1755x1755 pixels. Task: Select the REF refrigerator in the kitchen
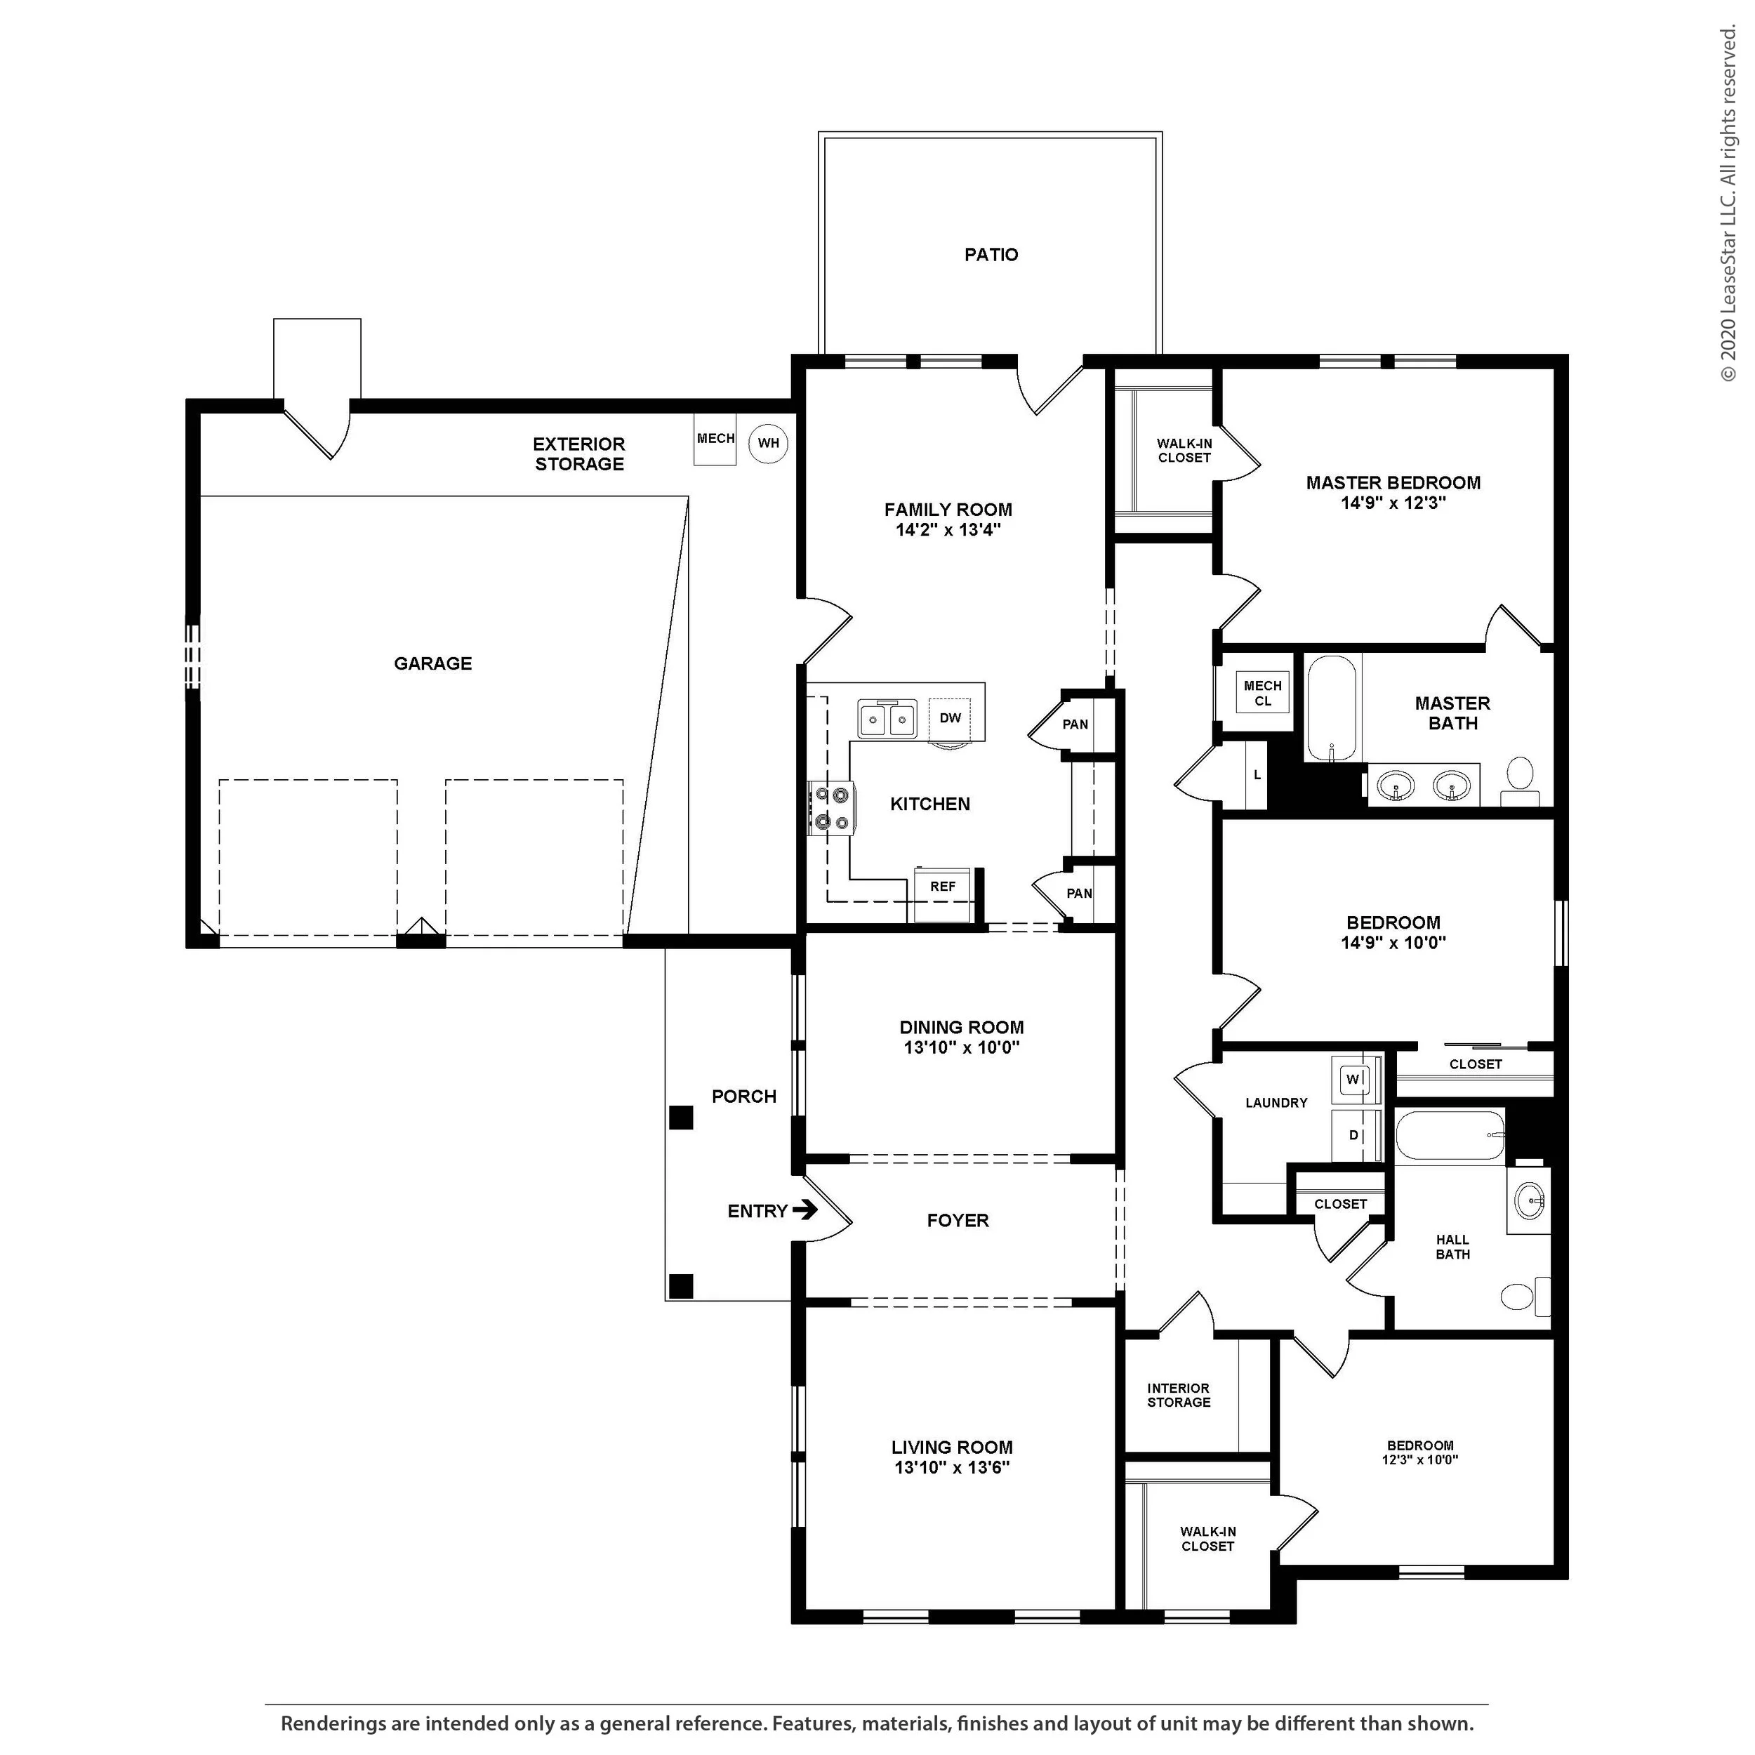(943, 895)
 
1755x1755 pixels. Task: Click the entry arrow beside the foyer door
(804, 1210)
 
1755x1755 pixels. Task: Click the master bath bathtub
(1332, 708)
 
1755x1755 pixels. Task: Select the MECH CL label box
(1263, 693)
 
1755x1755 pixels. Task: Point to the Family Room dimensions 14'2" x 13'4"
(948, 529)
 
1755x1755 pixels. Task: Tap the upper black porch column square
(681, 1118)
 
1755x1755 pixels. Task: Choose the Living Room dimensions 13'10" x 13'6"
(952, 1468)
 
